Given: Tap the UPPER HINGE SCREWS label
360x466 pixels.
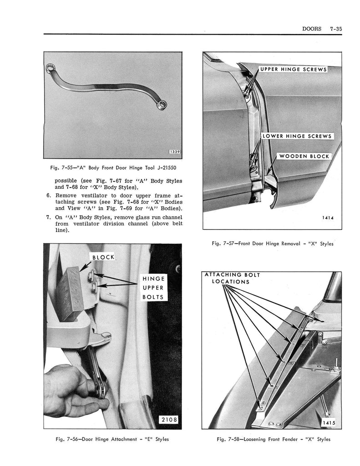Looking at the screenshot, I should click(293, 70).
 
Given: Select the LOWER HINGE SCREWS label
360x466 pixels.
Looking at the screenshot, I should click(297, 136).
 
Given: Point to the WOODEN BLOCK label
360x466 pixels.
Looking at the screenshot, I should click(304, 156).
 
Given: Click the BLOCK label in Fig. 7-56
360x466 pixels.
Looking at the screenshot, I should click(103, 258).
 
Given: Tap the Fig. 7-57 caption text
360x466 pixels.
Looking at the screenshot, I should click(272, 243).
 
